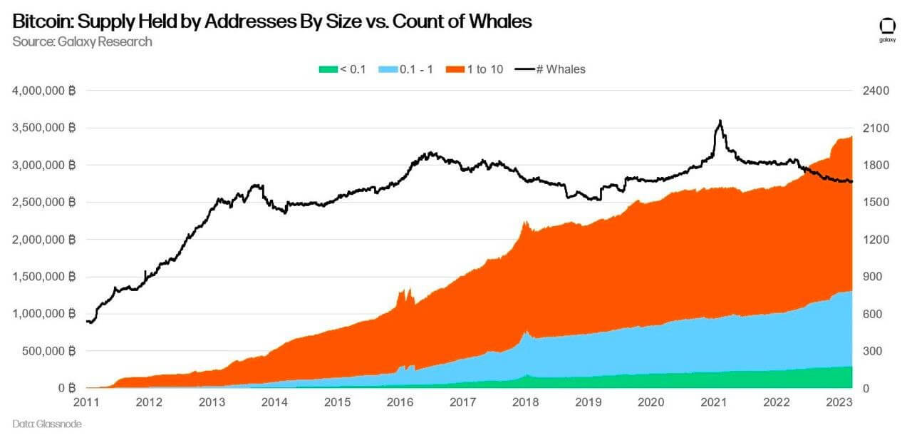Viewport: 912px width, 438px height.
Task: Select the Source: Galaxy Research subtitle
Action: [x=82, y=41]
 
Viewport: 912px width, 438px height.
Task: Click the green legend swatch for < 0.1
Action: [x=327, y=69]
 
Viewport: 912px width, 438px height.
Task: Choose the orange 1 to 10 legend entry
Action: [x=475, y=69]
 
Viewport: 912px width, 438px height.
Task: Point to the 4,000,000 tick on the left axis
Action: [x=44, y=91]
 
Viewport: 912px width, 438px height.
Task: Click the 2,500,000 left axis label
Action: [x=44, y=202]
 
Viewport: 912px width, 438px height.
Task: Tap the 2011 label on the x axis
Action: [x=87, y=402]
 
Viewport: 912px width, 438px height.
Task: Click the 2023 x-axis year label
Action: [x=839, y=402]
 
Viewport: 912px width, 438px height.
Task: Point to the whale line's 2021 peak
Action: [x=720, y=121]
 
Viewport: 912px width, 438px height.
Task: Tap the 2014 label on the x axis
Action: [x=275, y=402]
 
